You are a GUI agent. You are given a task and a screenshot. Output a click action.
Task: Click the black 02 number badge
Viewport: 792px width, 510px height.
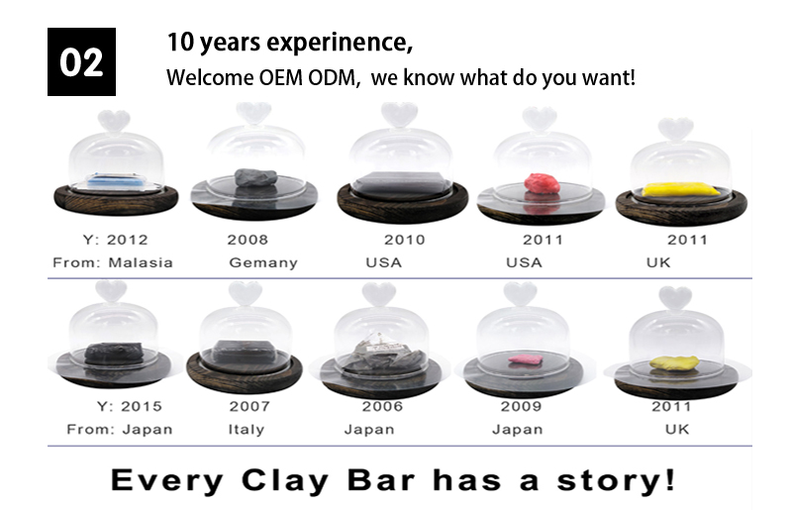point(81,61)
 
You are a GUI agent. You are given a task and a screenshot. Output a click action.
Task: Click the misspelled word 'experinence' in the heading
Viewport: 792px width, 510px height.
point(340,43)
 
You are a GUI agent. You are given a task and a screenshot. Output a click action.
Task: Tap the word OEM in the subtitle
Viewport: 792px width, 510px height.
point(280,78)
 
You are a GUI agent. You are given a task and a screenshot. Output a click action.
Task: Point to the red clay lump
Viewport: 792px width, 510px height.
point(542,183)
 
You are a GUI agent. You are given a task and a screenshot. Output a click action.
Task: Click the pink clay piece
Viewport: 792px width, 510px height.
point(526,359)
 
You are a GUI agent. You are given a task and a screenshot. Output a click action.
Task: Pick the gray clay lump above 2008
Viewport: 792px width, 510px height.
point(255,177)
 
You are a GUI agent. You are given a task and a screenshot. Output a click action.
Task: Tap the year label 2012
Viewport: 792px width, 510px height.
point(128,240)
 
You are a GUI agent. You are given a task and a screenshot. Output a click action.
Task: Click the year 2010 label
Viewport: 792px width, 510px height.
point(405,240)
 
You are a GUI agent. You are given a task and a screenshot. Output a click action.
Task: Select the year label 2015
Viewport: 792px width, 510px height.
point(142,406)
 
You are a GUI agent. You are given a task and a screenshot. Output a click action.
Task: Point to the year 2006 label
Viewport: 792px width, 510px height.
point(382,406)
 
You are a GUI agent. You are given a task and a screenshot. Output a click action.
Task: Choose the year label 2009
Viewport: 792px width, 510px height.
point(521,406)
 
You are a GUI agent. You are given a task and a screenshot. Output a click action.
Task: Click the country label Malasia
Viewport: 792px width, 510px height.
point(141,262)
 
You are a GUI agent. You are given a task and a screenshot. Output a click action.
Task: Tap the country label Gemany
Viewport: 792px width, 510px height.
point(263,263)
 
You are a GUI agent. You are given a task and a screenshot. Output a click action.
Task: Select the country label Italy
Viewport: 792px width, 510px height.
point(246,430)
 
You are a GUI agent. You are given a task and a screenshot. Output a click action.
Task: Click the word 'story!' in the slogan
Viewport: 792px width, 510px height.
point(616,480)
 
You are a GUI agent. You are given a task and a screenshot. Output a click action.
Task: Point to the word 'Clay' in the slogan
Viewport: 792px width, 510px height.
point(285,480)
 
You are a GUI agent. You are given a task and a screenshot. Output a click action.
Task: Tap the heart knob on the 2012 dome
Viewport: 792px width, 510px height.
point(114,121)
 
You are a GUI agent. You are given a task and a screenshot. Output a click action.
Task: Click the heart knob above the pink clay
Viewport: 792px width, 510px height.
point(521,294)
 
